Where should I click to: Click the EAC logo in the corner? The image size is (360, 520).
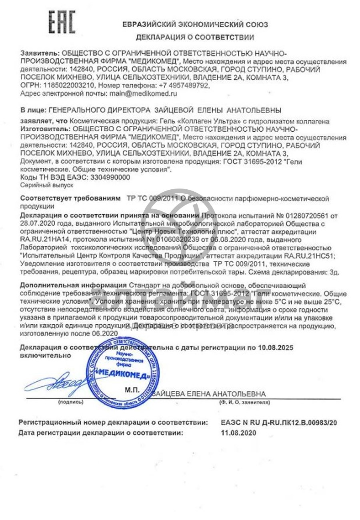click(x=62, y=22)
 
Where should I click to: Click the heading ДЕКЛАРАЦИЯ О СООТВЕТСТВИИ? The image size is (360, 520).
click(x=195, y=38)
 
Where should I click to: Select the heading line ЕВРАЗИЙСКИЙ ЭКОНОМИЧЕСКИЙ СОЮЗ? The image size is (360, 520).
click(x=195, y=24)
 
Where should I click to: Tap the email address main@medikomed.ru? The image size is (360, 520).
click(x=143, y=93)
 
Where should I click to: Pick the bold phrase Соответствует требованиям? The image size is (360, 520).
click(x=70, y=198)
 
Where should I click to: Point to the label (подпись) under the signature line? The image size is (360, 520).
click(x=70, y=401)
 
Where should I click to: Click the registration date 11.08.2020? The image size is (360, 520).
click(x=238, y=433)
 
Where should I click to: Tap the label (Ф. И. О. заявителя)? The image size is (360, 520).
click(x=244, y=401)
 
